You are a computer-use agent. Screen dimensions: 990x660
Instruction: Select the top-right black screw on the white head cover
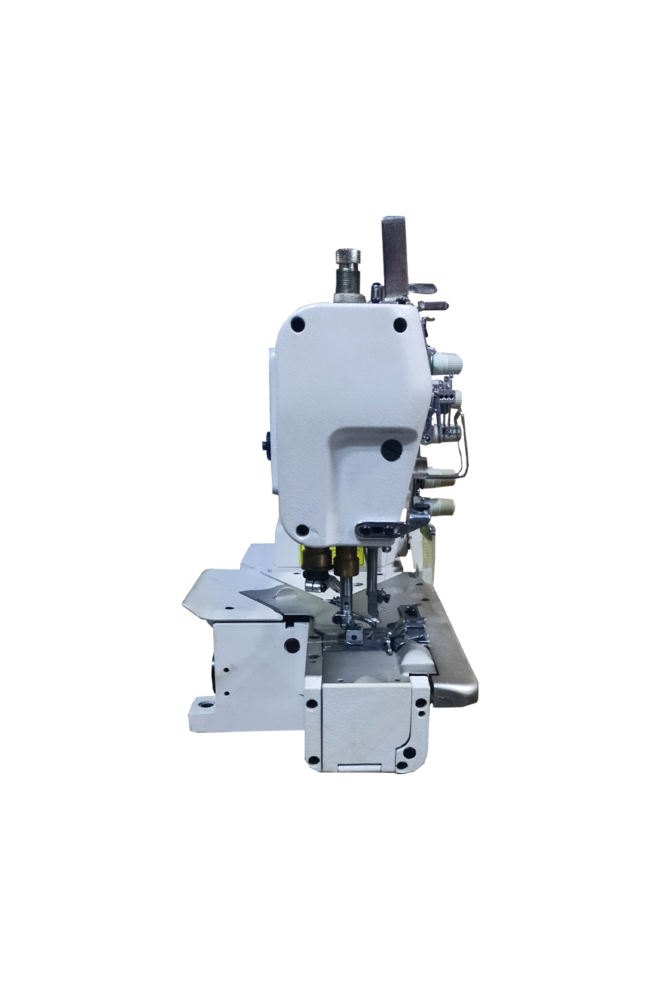(399, 325)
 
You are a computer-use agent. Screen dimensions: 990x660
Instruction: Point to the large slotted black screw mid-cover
(391, 449)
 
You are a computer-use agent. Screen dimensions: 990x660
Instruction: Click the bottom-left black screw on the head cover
(303, 529)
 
